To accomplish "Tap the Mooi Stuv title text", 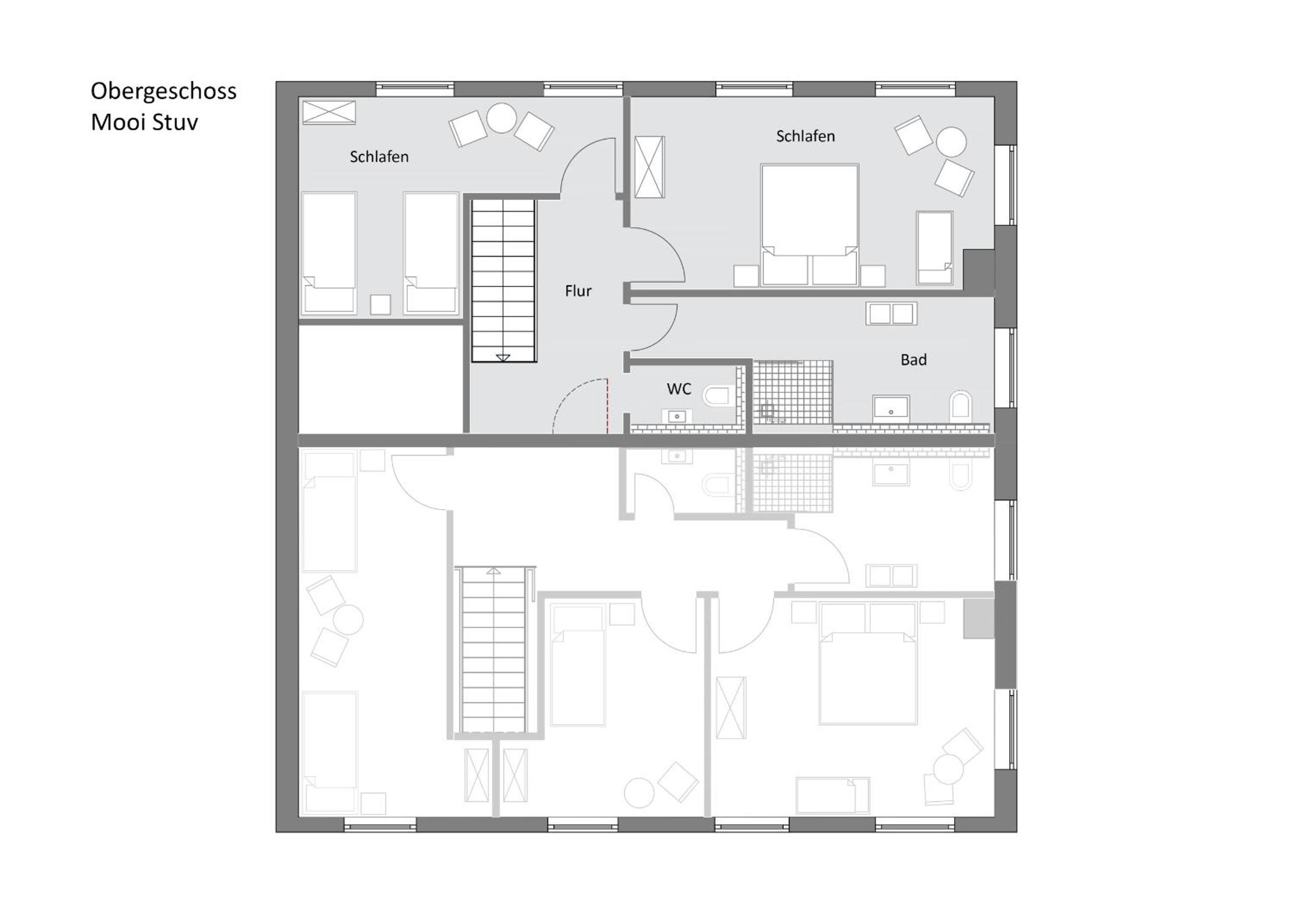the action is coord(144,122).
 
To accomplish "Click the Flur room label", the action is coord(579,291).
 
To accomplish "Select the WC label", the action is coord(679,389).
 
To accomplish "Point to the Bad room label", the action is coord(914,360).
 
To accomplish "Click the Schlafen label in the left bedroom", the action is coord(379,157).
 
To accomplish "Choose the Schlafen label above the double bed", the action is coord(805,136).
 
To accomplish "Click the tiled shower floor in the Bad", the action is coord(793,392).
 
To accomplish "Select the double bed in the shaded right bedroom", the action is coord(809,225).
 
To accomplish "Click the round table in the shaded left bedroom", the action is coord(502,118).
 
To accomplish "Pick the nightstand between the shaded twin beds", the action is coord(380,305).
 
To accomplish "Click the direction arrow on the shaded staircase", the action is coord(503,358).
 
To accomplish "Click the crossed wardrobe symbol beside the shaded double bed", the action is coord(649,167).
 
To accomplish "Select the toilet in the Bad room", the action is coord(961,407).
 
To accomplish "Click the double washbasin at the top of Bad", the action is coord(891,314).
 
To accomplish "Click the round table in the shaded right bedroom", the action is coord(951,141).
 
